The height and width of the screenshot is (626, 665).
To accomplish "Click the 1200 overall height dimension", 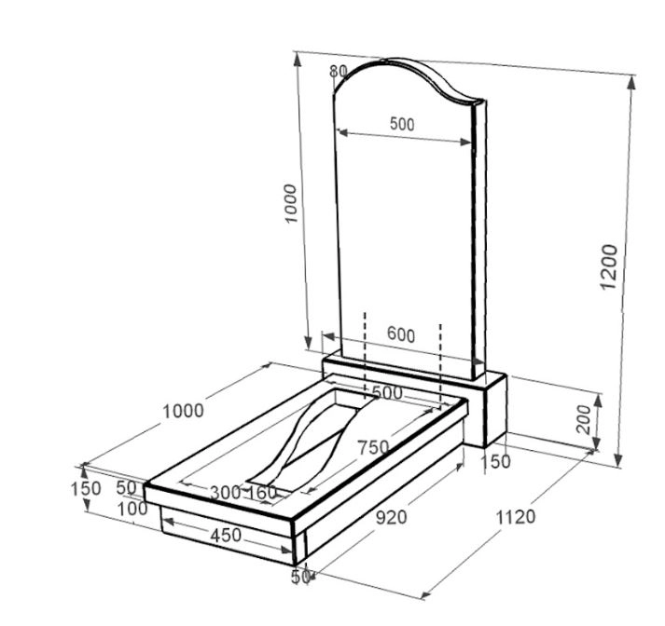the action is click(609, 266).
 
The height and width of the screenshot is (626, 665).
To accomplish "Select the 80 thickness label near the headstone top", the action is click(338, 72).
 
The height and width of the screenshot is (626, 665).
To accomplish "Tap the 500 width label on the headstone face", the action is click(402, 124).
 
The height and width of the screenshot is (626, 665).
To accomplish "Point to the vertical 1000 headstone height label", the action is click(291, 203).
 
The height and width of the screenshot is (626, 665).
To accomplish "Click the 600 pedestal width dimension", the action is click(401, 335).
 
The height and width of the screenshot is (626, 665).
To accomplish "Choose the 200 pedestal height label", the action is click(585, 419).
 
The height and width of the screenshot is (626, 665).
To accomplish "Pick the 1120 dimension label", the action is click(515, 517).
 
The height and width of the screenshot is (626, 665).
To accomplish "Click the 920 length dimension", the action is click(391, 517).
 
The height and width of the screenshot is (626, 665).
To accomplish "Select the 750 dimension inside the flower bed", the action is click(373, 447).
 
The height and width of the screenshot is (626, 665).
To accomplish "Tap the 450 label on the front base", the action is click(226, 536).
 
